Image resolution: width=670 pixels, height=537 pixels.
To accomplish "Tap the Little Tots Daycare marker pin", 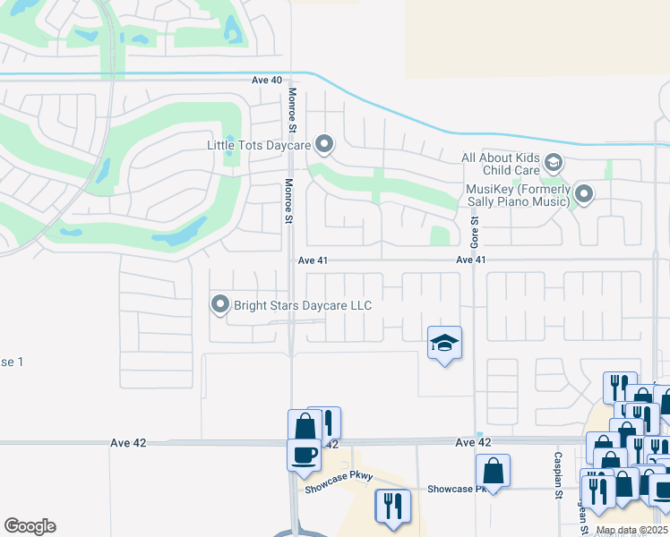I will tap(324, 143).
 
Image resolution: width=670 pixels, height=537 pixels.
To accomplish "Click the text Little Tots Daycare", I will tap(258, 144).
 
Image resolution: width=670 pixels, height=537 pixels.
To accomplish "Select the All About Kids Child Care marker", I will tap(554, 163).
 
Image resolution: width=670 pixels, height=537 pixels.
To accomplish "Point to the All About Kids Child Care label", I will tap(501, 164).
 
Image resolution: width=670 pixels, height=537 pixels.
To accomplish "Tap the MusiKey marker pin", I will tap(584, 194).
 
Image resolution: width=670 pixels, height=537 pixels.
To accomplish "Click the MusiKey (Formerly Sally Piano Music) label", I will tap(518, 195).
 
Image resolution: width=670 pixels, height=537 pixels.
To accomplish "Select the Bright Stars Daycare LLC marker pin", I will tap(220, 305).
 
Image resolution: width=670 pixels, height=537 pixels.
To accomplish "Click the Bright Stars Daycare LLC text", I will tap(303, 305).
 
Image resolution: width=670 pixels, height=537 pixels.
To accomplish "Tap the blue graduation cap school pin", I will tap(444, 344).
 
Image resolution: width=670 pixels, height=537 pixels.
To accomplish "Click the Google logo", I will tap(30, 526).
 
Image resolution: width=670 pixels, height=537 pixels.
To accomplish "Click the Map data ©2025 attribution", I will tap(631, 531).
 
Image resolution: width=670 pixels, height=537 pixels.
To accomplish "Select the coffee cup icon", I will tap(304, 454).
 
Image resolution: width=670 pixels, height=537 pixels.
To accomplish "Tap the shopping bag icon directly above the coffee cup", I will tap(304, 424).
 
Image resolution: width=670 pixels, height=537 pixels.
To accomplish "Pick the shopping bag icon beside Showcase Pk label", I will tap(493, 470).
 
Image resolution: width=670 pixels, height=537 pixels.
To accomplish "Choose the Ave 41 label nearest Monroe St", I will tap(314, 260).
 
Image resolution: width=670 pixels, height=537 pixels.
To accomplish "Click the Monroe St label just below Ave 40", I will tap(291, 106).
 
